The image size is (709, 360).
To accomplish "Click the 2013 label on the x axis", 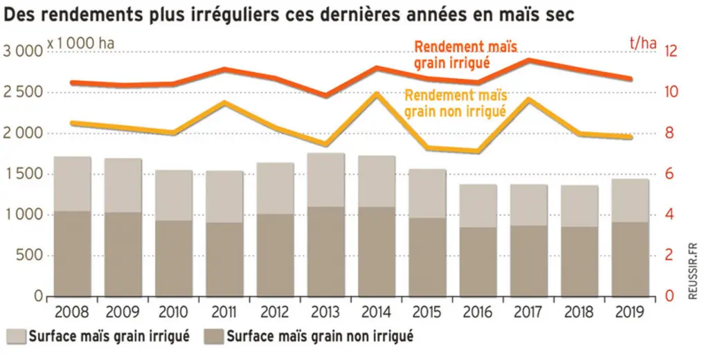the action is (x=325, y=312).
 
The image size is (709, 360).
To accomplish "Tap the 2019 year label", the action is (x=629, y=312).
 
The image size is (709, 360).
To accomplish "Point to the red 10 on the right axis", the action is (x=670, y=92).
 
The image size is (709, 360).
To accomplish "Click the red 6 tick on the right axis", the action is (x=667, y=174).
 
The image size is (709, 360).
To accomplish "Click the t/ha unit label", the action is (x=643, y=44).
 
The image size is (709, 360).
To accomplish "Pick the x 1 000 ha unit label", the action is (x=80, y=44).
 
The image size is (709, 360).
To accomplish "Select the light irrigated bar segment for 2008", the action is (x=72, y=184).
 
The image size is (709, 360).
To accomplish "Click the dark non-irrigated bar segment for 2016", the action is (x=478, y=262).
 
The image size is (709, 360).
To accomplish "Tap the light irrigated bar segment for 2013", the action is (x=326, y=180).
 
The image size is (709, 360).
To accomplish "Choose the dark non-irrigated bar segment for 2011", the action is (x=225, y=259).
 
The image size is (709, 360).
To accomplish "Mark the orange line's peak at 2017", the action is (x=528, y=60).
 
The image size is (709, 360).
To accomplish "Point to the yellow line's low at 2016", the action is (x=478, y=151).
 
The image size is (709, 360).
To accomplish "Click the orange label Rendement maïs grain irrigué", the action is (x=466, y=54).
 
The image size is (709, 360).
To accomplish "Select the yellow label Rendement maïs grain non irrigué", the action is (x=456, y=103).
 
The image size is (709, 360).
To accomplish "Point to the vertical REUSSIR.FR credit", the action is (x=692, y=271).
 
